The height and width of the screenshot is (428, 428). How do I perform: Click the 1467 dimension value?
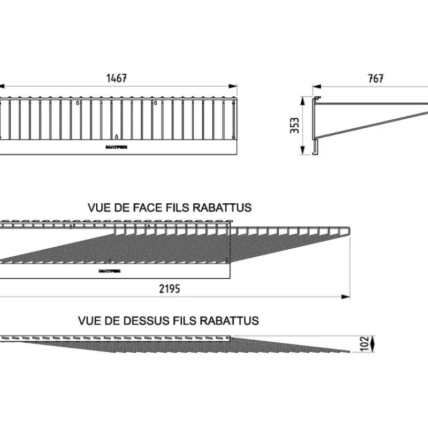click(117, 78)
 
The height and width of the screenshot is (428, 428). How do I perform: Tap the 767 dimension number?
click(376, 78)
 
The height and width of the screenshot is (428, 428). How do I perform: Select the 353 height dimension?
click(295, 126)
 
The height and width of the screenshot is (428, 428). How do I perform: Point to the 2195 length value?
click(170, 289)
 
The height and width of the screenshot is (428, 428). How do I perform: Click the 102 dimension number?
click(364, 343)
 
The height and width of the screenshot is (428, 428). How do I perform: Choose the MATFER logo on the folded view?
click(109, 271)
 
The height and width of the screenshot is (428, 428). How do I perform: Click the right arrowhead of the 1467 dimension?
click(234, 85)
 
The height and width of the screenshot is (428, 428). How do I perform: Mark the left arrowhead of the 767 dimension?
click(316, 85)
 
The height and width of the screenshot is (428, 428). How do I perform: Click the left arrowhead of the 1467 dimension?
click(2, 85)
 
